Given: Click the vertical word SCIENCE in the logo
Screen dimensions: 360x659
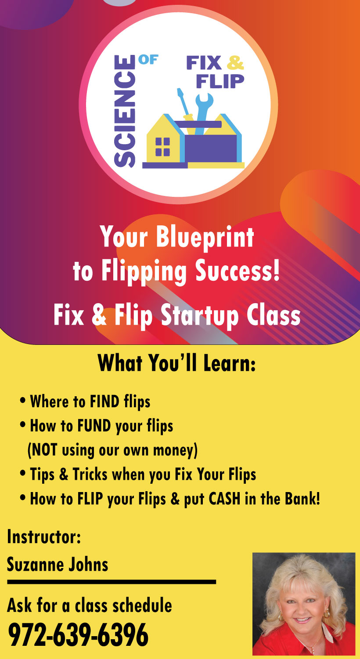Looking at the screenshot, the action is (125, 111).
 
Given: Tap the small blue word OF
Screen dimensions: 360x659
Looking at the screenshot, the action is (148, 60).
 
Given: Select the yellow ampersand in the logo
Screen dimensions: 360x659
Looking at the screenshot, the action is (235, 63).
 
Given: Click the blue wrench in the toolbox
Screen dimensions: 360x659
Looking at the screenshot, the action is (203, 113).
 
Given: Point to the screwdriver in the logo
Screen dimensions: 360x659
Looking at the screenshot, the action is (185, 104).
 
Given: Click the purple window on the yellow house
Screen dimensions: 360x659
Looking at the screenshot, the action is (162, 146).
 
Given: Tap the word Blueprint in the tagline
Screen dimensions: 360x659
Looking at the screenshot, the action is (205, 238).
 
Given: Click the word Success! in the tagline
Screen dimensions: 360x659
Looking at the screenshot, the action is (238, 271).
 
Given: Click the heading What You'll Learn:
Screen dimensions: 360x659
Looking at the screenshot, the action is (176, 363).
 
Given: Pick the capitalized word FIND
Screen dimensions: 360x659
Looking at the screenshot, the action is (104, 402).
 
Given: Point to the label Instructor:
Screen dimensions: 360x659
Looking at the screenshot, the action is (44, 536).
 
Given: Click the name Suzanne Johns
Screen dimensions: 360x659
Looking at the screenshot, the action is (58, 564).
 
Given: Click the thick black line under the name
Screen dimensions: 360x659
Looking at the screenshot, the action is (112, 582).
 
